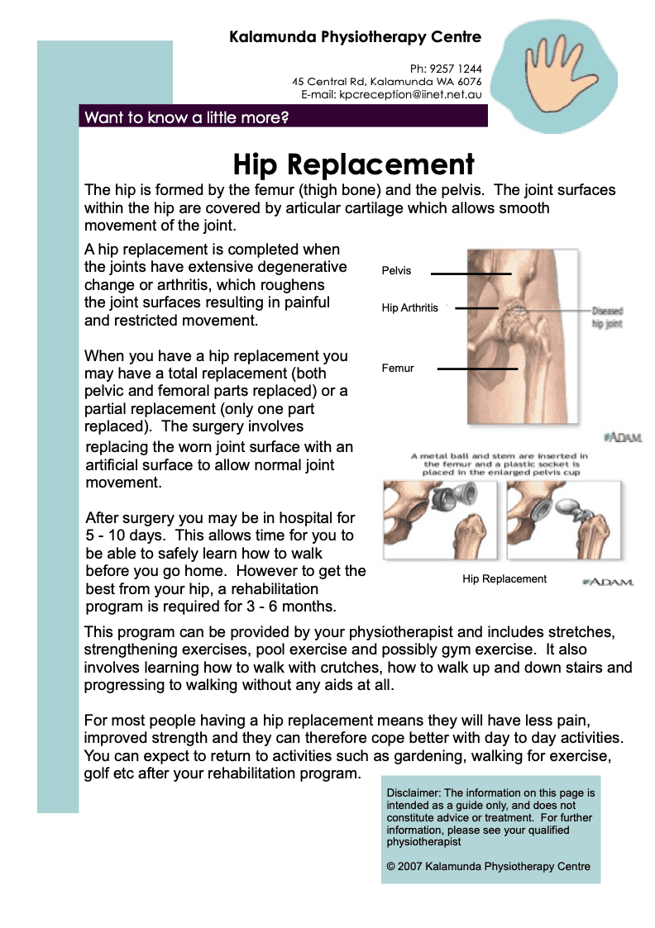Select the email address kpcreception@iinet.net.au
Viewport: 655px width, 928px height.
[x=410, y=95]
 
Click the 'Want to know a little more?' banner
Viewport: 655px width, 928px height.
[x=283, y=117]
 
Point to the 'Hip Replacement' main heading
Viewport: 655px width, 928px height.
[x=354, y=164]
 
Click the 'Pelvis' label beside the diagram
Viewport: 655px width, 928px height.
[x=396, y=270]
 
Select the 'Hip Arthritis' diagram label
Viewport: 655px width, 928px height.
[x=410, y=307]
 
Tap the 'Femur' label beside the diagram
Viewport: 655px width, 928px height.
[x=397, y=368]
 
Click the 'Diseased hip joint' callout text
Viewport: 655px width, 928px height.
[x=607, y=316]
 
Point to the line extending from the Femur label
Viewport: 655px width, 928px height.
[x=477, y=369]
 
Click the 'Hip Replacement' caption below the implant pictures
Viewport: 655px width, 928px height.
[x=504, y=578]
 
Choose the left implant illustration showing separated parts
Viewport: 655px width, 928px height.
[x=440, y=520]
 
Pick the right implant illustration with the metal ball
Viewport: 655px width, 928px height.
[x=564, y=520]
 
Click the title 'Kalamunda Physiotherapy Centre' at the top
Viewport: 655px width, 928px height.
[x=356, y=36]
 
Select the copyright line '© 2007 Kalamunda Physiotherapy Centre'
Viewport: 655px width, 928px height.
[x=489, y=867]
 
